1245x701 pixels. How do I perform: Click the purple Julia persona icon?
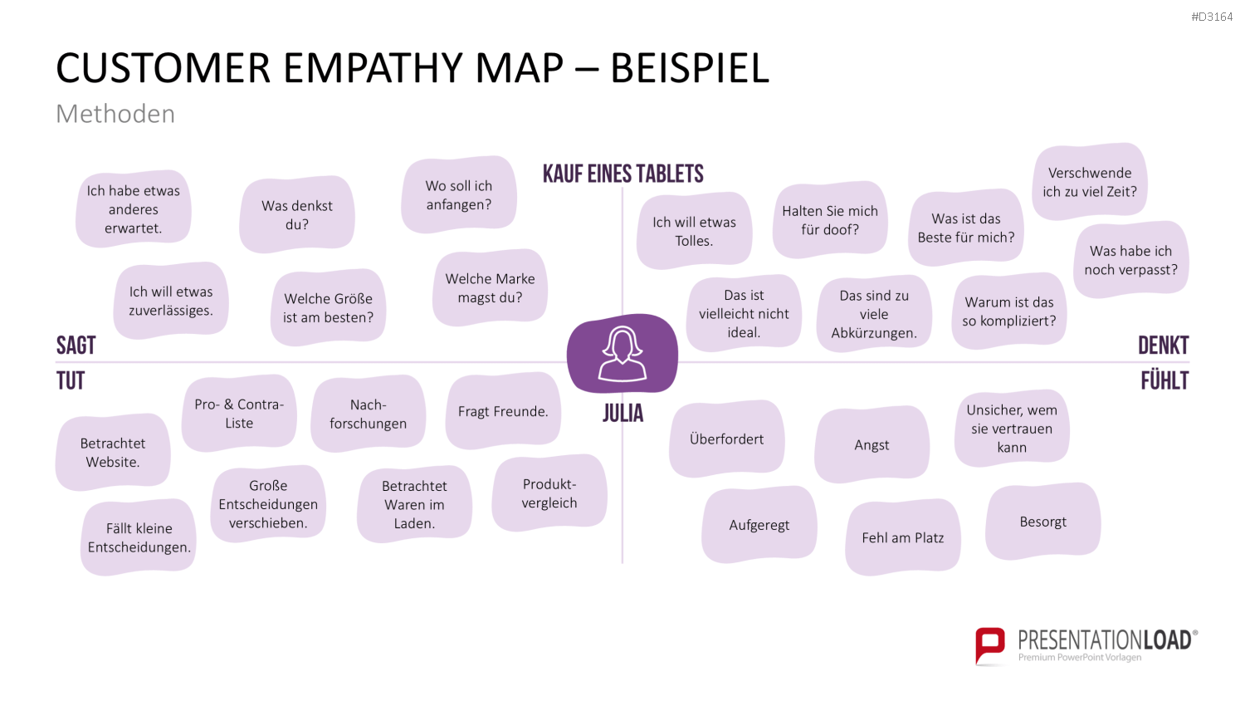tap(622, 354)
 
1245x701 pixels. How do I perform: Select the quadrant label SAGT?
tap(76, 346)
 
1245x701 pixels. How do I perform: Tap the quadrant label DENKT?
tap(1164, 346)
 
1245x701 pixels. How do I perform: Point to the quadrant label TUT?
tap(71, 381)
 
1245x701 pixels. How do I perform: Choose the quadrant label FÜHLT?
tap(1165, 380)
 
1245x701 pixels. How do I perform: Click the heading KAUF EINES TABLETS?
tap(623, 174)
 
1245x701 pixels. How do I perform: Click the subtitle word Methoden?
tap(115, 114)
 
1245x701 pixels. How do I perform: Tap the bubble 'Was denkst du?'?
tap(297, 215)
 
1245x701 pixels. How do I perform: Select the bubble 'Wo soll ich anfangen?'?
tap(459, 194)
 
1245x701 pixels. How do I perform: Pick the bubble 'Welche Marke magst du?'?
tap(491, 287)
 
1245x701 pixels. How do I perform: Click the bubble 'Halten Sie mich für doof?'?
tap(830, 220)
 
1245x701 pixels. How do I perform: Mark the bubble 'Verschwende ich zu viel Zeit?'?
tap(1090, 182)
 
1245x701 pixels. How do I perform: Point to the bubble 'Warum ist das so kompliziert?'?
tap(1009, 311)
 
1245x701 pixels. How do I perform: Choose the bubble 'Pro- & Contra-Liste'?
tap(239, 414)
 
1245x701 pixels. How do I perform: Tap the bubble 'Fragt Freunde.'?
tap(503, 411)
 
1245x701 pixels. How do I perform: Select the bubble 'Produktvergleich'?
tap(549, 493)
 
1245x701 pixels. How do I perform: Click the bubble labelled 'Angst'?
tap(872, 444)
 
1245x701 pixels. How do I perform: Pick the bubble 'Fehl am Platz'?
tap(903, 537)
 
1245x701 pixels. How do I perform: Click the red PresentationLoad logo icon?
tap(990, 646)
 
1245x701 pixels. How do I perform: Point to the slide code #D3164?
tap(1212, 17)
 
